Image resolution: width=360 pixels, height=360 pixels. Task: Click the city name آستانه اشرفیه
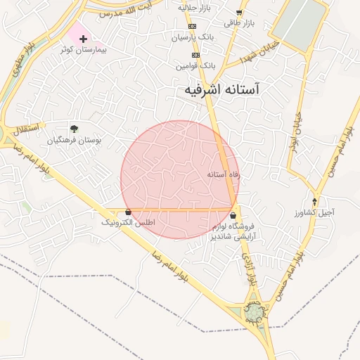coord(221,90)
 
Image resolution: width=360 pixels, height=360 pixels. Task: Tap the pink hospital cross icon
coord(83,37)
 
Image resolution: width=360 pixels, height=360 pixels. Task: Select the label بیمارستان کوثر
coord(78,51)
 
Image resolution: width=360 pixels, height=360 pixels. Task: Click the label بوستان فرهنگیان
coord(75,140)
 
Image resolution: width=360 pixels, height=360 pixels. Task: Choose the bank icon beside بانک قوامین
coord(195,55)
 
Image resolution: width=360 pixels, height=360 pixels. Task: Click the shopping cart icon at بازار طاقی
coord(239,13)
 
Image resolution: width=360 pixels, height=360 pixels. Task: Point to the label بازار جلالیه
coord(195,7)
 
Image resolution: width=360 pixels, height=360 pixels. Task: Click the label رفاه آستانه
coord(224,173)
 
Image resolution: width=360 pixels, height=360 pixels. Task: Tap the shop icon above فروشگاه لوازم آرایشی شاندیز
coord(233,216)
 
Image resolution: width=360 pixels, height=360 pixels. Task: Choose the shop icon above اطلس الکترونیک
coord(127,212)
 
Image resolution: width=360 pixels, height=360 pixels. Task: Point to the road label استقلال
coord(27,129)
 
